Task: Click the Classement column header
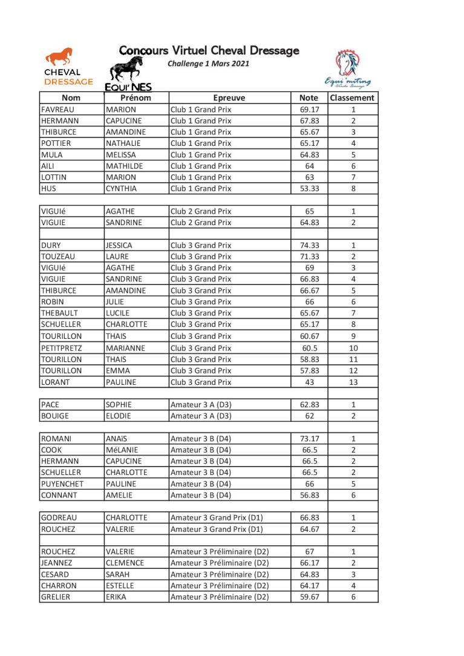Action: [353, 98]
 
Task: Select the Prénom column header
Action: [136, 98]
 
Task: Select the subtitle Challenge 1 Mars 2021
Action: [208, 63]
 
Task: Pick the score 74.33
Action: [310, 246]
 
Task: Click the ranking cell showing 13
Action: [353, 382]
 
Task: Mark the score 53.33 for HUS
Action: [310, 189]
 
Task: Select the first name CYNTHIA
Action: [121, 189]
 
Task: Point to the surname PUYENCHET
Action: [62, 484]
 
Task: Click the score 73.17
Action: [310, 439]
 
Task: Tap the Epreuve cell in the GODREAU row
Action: [217, 518]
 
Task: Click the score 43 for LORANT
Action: [310, 382]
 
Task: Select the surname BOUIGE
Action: [55, 416]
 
